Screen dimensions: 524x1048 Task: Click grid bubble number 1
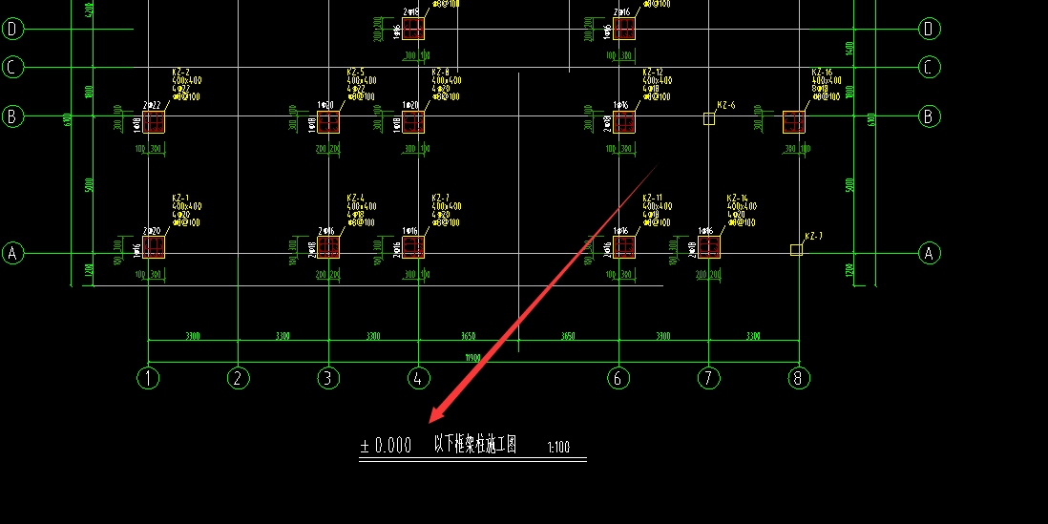(148, 378)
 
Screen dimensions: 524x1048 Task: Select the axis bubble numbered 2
(239, 378)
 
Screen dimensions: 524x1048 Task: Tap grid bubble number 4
(418, 378)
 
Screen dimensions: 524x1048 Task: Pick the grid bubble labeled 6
(618, 378)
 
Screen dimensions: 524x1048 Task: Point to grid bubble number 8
(799, 378)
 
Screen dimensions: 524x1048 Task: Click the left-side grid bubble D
(13, 29)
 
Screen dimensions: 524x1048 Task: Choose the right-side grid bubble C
(929, 67)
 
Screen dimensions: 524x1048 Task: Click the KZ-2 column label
(180, 73)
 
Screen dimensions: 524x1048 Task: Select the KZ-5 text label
(355, 73)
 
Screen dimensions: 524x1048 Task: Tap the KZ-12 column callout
(653, 73)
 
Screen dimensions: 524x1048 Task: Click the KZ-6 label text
(726, 105)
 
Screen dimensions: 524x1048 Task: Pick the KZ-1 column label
(180, 198)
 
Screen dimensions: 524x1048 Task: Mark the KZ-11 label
(653, 198)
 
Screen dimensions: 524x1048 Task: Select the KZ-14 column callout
(738, 198)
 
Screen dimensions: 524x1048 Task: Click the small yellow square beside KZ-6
(708, 118)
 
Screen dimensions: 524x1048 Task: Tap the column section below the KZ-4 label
(328, 247)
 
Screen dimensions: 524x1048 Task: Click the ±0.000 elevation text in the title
(386, 446)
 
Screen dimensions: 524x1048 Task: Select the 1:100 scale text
(558, 447)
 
